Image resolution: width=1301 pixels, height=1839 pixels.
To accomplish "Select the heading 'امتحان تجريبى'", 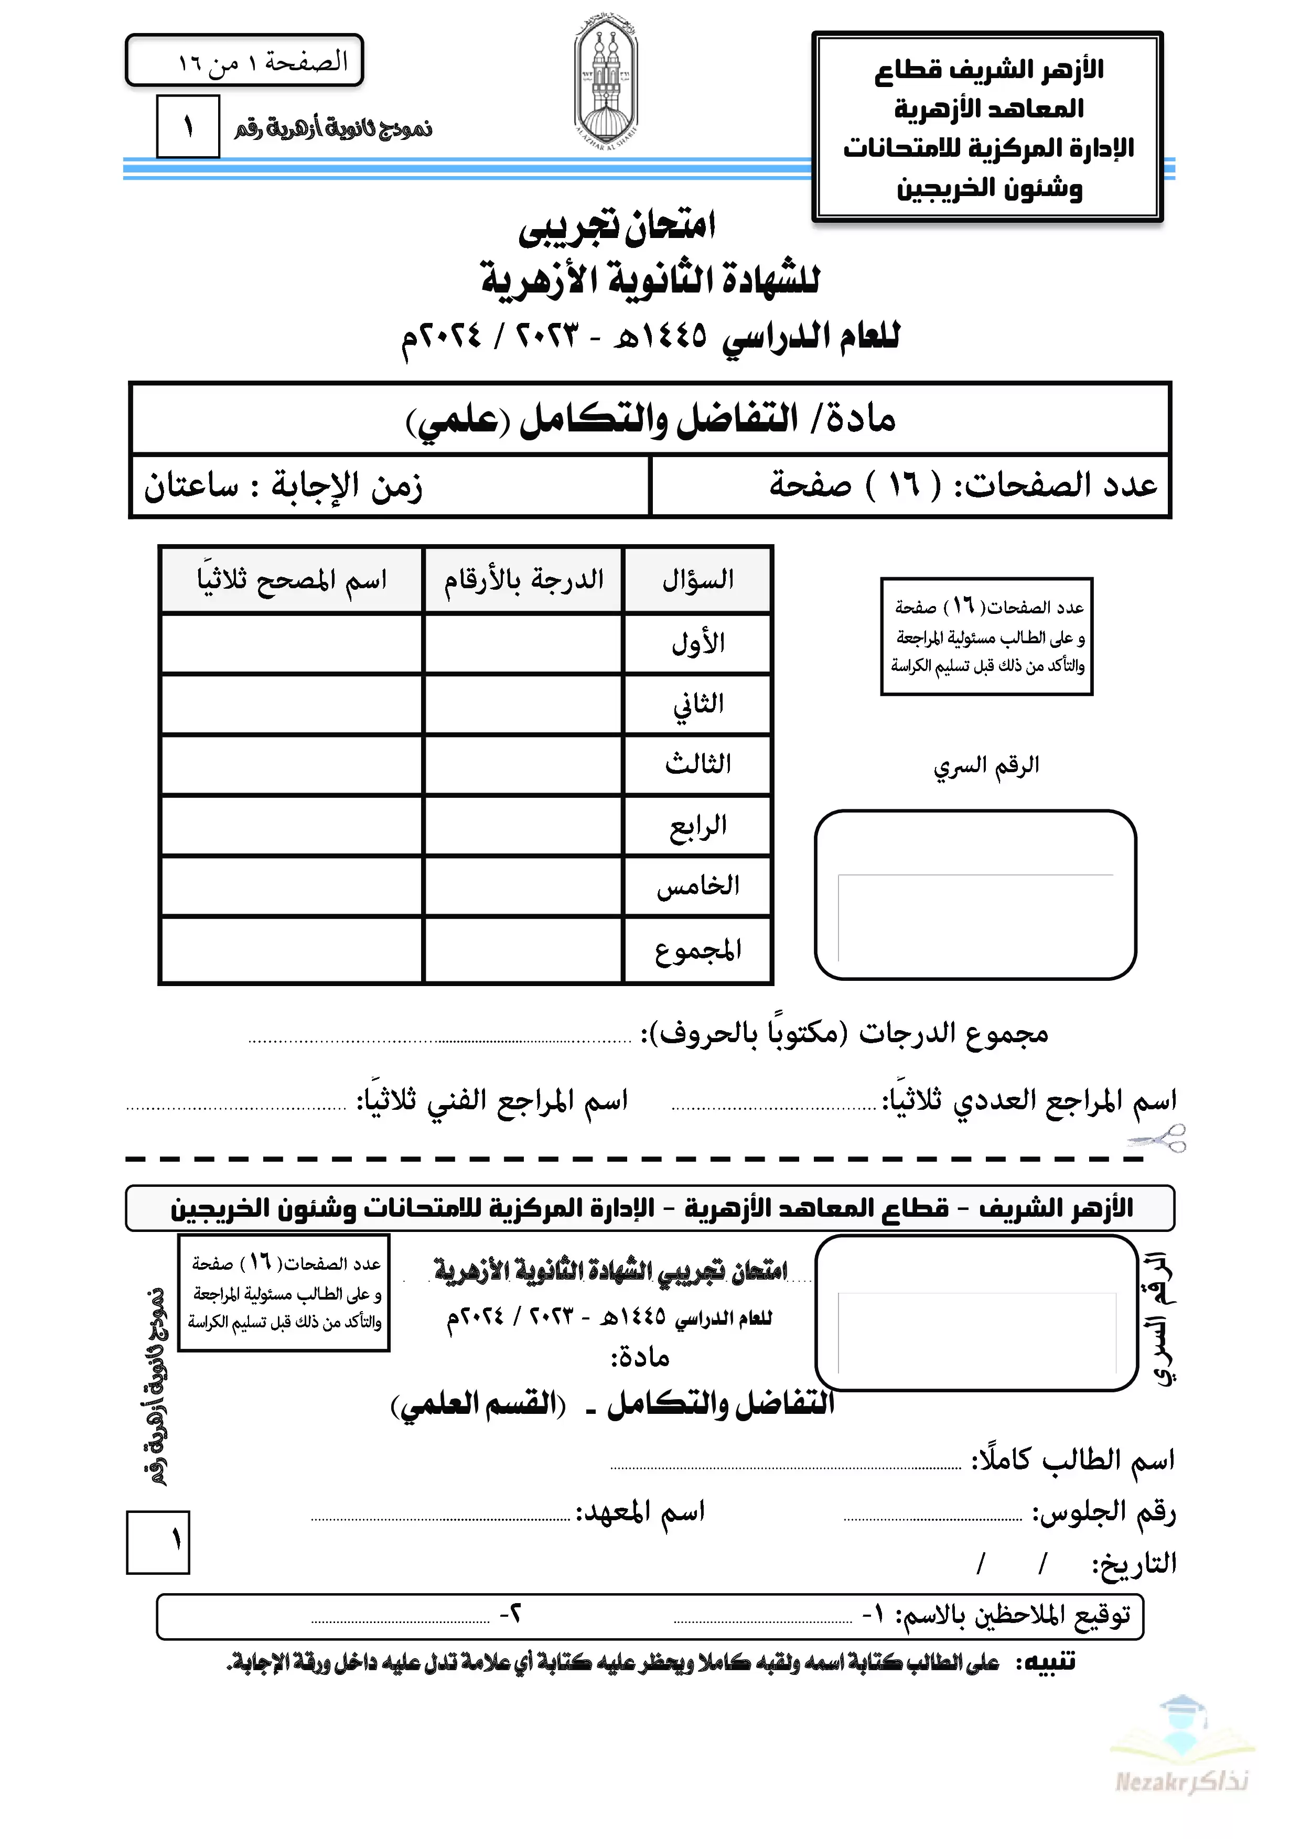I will pyautogui.click(x=617, y=226).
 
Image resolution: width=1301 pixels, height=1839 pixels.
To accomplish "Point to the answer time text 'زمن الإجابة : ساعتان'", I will pyautogui.click(x=283, y=486).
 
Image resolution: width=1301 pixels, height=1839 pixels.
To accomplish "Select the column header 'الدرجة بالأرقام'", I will pyautogui.click(x=524, y=580).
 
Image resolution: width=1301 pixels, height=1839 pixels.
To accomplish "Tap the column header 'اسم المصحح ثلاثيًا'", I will pyautogui.click(x=292, y=580).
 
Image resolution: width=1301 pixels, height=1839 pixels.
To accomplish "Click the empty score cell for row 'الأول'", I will pyautogui.click(x=523, y=643).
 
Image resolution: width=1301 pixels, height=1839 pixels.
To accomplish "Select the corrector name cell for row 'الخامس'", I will pyautogui.click(x=292, y=886).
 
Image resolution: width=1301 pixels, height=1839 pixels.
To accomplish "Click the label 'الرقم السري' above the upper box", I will pyautogui.click(x=986, y=766).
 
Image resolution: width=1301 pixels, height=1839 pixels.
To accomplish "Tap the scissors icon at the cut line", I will pyautogui.click(x=1157, y=1138).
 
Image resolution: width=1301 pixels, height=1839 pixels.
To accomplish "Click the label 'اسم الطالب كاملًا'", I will pyautogui.click(x=1073, y=1460).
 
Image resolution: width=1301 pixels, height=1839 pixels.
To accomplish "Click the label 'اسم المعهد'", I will pyautogui.click(x=641, y=1512).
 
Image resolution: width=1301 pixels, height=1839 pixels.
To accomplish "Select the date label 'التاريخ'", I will pyautogui.click(x=1134, y=1563).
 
